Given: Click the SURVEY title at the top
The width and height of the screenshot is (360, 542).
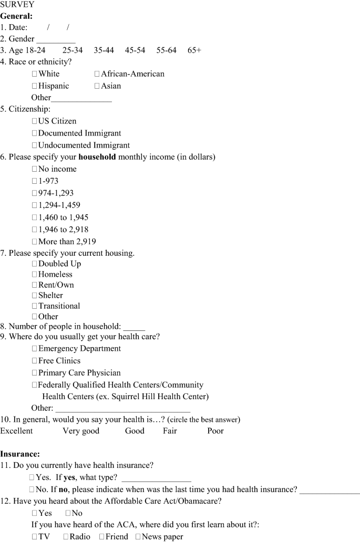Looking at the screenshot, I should coord(17,5).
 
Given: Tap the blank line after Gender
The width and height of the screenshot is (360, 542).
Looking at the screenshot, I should coord(56,39).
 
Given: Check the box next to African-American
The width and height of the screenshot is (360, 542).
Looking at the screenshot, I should coord(97,74).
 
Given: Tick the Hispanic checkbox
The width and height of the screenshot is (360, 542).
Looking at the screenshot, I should coord(35,86).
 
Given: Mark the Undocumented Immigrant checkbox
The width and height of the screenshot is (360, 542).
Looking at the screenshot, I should coord(35,145).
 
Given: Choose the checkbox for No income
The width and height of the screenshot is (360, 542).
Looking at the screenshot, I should coord(35,169).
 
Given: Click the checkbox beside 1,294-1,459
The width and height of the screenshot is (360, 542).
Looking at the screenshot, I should coord(35,205).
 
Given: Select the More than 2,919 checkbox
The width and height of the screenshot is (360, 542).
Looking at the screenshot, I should coord(35,242).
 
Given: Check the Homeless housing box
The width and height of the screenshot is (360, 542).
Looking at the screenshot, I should coord(35,274).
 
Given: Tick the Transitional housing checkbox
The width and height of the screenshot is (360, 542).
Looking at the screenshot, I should coord(35,306).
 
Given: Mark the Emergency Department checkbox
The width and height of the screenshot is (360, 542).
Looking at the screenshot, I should coord(35,349).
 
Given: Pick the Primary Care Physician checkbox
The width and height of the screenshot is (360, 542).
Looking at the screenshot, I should coord(35,373).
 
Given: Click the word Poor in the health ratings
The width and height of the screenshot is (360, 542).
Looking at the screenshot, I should coord(215,431).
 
